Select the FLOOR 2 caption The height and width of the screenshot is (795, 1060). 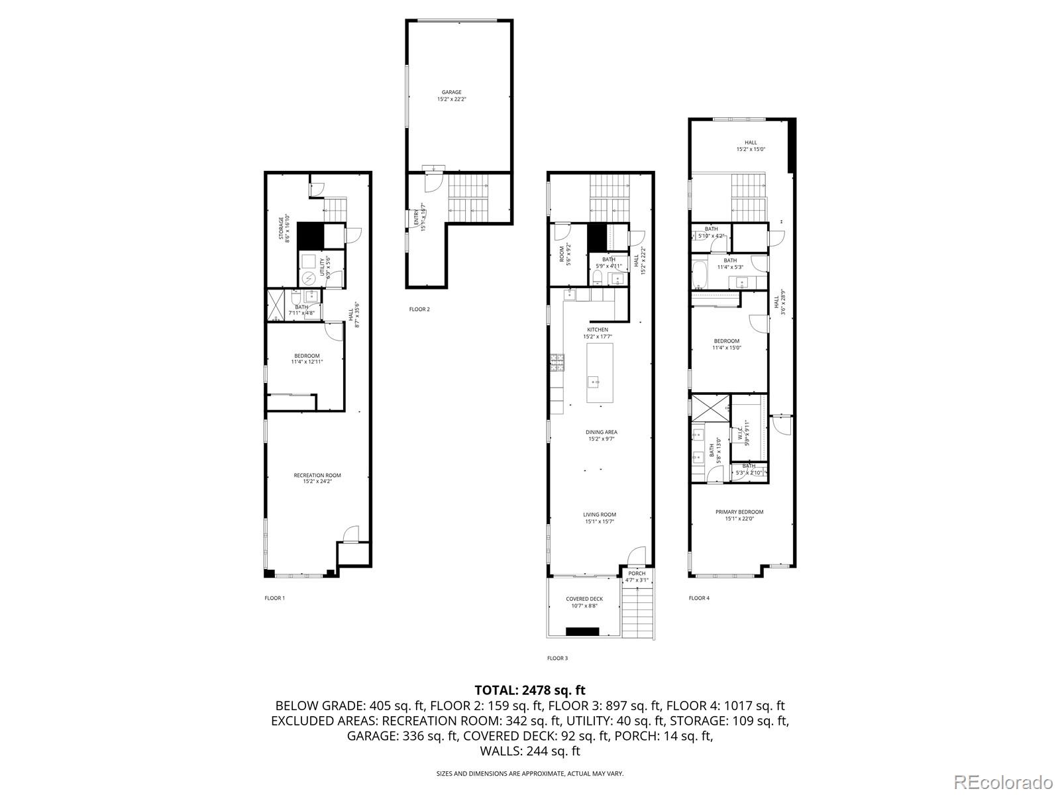tap(419, 309)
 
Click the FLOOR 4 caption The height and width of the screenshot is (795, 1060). tap(698, 598)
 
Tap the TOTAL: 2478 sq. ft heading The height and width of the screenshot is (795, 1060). tap(530, 690)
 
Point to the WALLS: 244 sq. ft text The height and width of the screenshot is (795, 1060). tap(530, 751)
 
